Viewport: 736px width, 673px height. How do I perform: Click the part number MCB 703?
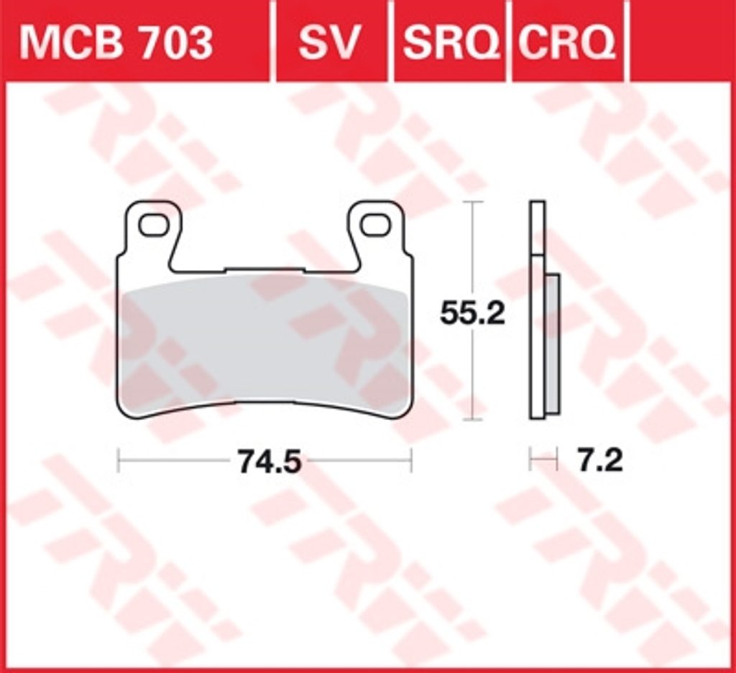point(116,43)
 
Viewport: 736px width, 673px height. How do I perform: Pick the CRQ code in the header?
point(567,43)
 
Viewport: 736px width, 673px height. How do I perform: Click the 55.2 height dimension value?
point(472,313)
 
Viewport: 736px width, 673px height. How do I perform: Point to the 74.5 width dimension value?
point(270,461)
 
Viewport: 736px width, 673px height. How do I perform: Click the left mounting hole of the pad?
point(155,225)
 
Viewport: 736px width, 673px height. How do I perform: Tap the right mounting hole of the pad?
point(376,225)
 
